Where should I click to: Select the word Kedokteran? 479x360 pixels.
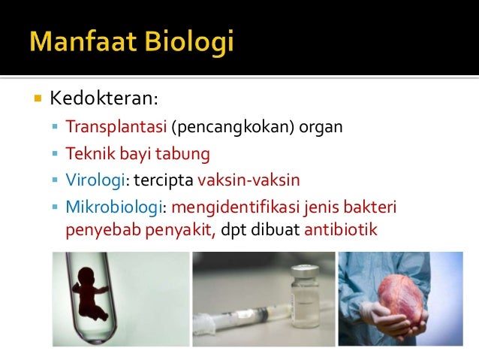(104, 98)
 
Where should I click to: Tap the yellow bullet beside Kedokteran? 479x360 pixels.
(35, 98)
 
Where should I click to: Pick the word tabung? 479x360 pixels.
(188, 154)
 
